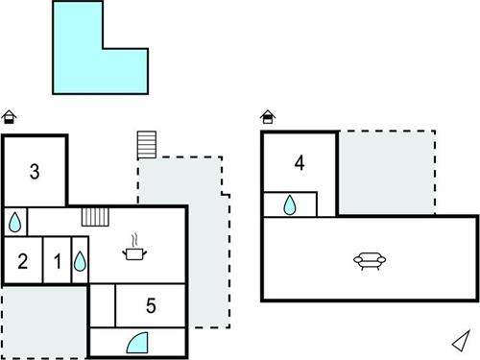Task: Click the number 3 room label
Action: pos(34,173)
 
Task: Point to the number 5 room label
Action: pos(151,306)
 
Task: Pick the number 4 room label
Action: pos(300,163)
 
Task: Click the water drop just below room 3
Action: pos(15,222)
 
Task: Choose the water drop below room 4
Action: pos(290,204)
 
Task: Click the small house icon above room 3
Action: pos(10,117)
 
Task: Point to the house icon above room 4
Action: pos(268,117)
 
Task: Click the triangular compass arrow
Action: pos(460,340)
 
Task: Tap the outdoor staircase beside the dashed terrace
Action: pos(145,145)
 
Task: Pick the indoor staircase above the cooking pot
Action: pos(94,216)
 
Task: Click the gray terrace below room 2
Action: pos(43,322)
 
